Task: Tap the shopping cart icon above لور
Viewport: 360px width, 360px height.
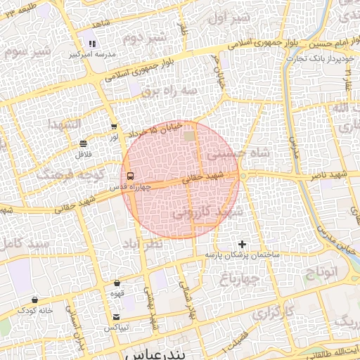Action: [x=114, y=127]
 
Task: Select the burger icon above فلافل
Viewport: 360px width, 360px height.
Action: [x=84, y=143]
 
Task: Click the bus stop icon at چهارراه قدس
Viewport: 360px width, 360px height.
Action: [x=129, y=176]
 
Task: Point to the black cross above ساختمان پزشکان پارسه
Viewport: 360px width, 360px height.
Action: [x=243, y=244]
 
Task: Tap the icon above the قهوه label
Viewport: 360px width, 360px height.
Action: [x=117, y=283]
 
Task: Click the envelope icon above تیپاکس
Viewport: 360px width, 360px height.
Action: [x=116, y=316]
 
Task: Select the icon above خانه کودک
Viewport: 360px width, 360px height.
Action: [x=36, y=299]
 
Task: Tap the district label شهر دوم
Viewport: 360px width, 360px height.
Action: [x=146, y=37]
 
